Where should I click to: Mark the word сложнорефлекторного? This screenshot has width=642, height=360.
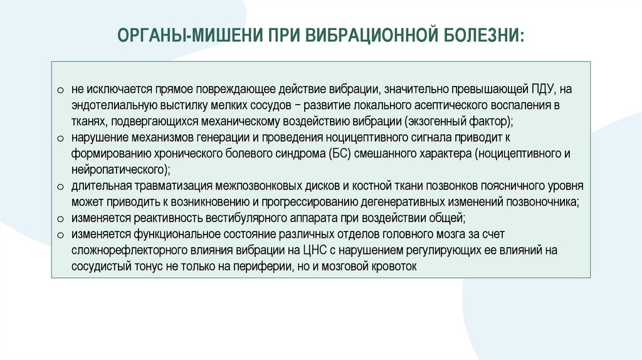coord(122,250)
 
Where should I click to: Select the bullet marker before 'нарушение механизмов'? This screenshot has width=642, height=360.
coord(59,137)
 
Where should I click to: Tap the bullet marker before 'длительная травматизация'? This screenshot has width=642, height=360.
coord(59,186)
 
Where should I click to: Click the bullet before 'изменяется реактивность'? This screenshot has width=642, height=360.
coord(59,219)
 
